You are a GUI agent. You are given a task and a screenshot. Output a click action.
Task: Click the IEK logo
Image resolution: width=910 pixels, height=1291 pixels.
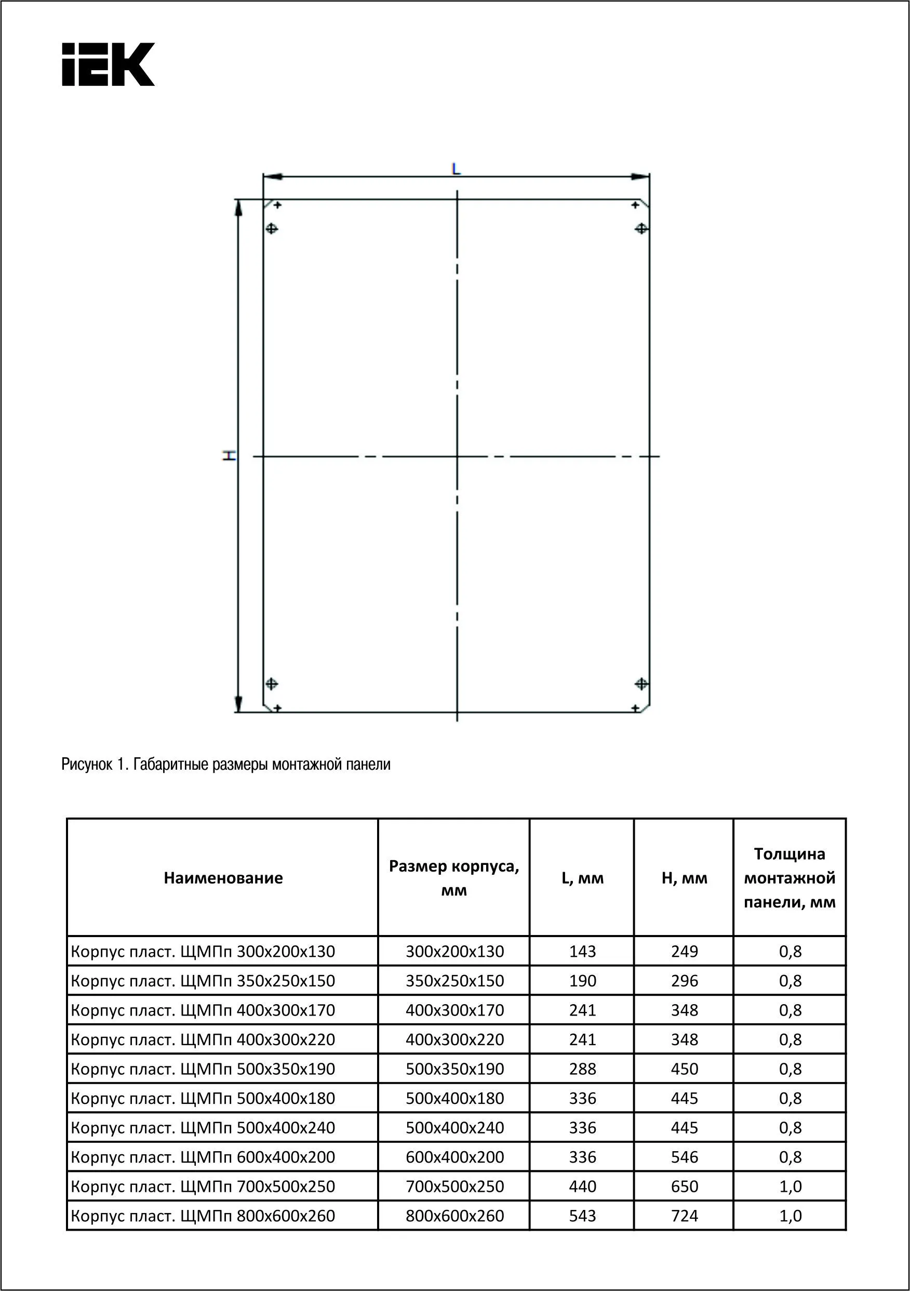coord(108,64)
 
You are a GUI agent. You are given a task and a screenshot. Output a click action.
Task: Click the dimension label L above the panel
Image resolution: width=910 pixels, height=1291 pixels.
coord(456,168)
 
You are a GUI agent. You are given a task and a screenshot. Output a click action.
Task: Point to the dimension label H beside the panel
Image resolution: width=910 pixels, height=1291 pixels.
coord(228,456)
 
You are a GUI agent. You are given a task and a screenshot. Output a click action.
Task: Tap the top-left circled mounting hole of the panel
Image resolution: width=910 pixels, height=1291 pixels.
coord(272,229)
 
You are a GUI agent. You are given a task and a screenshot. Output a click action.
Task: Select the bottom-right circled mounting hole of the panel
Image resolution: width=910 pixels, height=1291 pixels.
coord(641,684)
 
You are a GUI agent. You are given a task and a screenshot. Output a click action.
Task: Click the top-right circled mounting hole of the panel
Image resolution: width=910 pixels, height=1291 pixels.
coord(641,229)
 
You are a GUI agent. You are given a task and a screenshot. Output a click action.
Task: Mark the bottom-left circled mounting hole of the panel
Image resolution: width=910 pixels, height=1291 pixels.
coord(272,684)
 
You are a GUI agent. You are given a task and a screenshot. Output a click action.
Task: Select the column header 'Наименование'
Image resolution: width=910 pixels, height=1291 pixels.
coord(223,878)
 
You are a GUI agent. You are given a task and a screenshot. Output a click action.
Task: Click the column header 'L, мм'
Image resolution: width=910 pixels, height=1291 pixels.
coord(582,878)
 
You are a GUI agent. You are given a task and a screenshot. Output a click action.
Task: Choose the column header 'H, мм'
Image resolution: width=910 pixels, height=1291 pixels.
coord(684,878)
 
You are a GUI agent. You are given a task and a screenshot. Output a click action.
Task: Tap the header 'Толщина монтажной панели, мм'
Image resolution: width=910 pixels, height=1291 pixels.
coord(789,878)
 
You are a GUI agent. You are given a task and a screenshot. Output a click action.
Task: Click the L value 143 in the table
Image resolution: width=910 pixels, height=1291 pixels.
coord(582,952)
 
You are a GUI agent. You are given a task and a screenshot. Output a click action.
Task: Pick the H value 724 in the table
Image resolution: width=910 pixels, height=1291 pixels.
coord(684,1216)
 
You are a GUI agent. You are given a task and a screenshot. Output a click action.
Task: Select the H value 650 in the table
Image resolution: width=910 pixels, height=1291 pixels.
coord(684,1187)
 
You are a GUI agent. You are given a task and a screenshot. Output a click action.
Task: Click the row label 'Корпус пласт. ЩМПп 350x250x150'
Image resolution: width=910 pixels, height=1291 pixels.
coord(203,981)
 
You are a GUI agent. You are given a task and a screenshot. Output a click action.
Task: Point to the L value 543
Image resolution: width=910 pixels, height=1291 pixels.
coord(582,1216)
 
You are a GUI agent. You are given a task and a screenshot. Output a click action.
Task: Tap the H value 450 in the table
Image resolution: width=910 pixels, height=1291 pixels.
coord(684,1069)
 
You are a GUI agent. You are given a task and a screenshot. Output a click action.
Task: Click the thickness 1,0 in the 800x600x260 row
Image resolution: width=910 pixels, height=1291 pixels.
coord(789,1216)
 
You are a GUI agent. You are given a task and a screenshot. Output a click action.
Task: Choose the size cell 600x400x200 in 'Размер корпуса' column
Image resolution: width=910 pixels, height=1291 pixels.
coord(454,1157)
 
